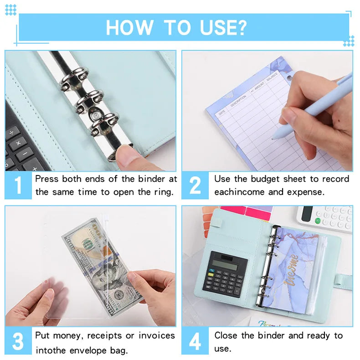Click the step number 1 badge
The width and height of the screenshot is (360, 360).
point(18,185)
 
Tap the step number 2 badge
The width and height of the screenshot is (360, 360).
point(195,185)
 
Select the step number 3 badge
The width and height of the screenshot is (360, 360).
point(18,342)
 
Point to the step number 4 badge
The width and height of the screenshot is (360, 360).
point(195,342)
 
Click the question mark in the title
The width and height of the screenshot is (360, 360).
point(240,27)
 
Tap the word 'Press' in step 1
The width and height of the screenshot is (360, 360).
point(47,179)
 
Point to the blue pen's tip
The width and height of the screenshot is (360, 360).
point(274,137)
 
